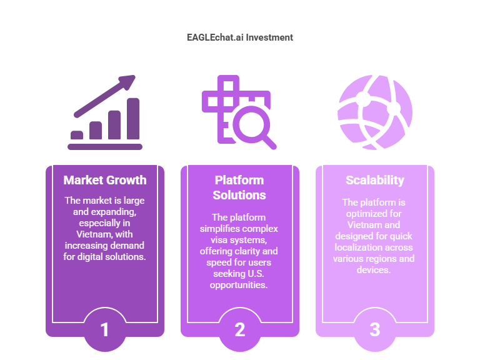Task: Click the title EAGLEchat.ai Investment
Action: coord(240,37)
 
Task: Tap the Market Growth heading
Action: coord(105,180)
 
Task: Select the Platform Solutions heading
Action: coord(239,187)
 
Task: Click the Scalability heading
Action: coord(375,180)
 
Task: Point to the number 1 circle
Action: coord(105,329)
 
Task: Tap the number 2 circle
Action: coord(240,329)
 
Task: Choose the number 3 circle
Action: coord(375,329)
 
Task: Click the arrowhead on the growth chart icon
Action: coord(127,81)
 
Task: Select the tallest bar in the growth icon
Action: coord(133,119)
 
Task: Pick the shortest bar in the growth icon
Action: coord(77,135)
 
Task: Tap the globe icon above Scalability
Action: coord(375,112)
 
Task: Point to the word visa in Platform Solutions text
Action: coord(219,240)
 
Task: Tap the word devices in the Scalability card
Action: coord(374,270)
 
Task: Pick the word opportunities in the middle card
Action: coord(239,285)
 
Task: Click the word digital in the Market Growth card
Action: coord(89,257)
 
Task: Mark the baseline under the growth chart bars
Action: coord(105,147)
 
